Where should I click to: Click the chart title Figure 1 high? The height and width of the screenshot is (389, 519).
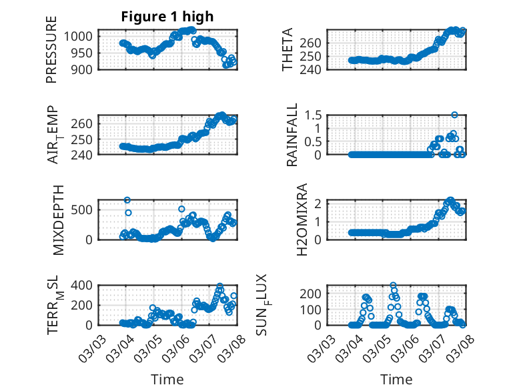tap(167, 17)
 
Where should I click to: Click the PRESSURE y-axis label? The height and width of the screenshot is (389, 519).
tap(51, 58)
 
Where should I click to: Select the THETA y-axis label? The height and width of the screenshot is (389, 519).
tap(288, 50)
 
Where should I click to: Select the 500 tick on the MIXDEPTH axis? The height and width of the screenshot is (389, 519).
tap(83, 210)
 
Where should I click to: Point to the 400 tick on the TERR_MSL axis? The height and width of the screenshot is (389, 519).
tap(83, 285)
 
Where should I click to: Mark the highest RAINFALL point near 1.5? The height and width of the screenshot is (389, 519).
tap(454, 115)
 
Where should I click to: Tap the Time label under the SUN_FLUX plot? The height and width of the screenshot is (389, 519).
tap(396, 380)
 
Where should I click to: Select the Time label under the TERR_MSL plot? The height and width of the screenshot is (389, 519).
tap(167, 380)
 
